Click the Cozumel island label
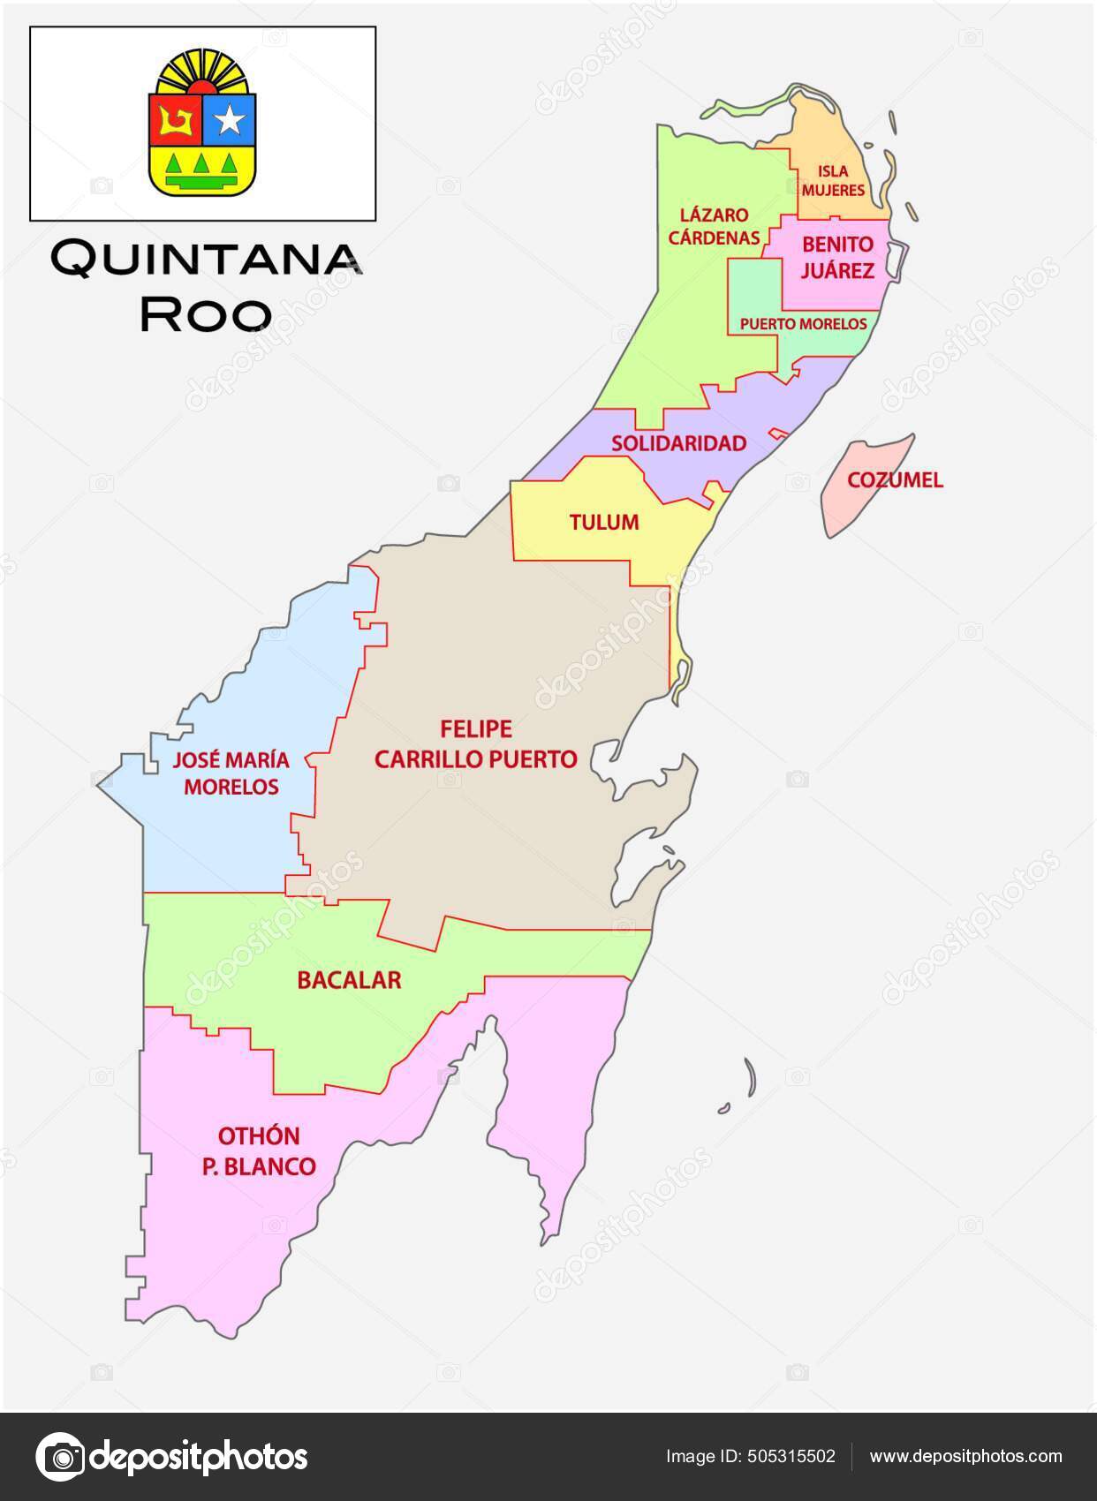pos(895,480)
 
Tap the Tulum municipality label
pos(604,522)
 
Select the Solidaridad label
pos(678,443)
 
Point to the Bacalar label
pos(349,980)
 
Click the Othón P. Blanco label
pos(259,1150)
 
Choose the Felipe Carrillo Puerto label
pos(476,743)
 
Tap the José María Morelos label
pos(231,773)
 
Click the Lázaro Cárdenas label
pos(714,226)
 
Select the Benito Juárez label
pos(837,257)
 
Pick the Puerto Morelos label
pos(803,324)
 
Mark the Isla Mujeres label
pos(833,180)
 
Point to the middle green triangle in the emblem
pos(202,164)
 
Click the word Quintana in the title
pos(205,259)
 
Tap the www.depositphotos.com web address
pos(965,1456)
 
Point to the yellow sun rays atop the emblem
pos(202,71)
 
